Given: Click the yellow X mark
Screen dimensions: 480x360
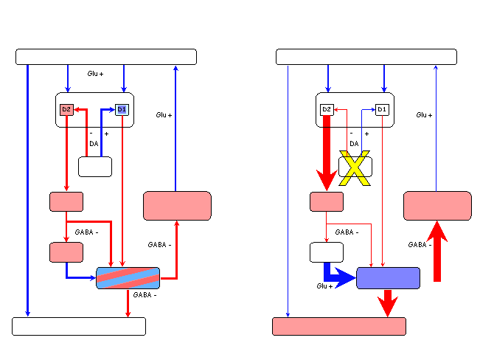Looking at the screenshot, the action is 355,168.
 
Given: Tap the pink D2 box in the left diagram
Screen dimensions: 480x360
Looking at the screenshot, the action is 66,110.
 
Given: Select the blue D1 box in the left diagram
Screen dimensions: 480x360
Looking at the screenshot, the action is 122,110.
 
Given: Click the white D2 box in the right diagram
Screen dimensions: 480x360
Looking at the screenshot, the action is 327,110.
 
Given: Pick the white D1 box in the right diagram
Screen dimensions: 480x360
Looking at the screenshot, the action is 382,110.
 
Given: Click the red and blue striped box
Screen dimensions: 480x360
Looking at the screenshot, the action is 128,278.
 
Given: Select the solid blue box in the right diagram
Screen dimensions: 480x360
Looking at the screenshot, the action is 388,278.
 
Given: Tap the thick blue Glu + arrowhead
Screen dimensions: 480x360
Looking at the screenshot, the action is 345,278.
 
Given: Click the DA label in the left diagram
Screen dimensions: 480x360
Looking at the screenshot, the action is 94,144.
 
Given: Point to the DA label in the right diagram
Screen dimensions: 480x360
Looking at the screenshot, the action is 354,144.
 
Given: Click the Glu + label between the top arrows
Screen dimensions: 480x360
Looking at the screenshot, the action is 95,74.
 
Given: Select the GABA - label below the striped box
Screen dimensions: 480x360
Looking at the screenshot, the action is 145,295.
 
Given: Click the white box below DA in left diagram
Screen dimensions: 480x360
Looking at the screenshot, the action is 95,167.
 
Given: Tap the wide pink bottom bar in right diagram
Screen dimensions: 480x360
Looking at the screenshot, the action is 339,326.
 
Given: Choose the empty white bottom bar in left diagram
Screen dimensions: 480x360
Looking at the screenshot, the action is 79,326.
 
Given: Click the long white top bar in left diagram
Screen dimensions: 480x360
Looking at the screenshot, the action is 106,57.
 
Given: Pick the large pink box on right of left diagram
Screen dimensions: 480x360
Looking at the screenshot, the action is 177,206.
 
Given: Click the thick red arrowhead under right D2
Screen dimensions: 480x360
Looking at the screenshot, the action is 327,180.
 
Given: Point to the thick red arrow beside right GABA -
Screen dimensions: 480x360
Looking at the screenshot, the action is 437,252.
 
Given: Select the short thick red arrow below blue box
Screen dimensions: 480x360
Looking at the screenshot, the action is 388,303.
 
